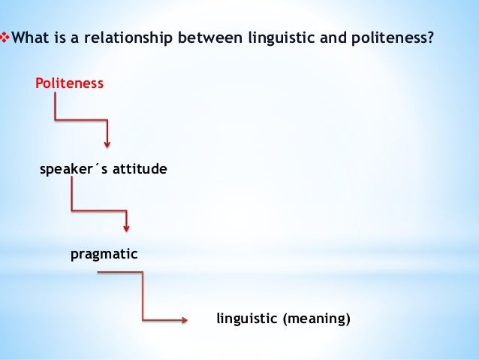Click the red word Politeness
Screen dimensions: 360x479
coord(69,83)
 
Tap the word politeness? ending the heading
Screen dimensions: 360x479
coord(393,37)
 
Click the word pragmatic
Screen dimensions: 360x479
coord(104,255)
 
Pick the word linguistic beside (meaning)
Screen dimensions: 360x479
coord(246,319)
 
